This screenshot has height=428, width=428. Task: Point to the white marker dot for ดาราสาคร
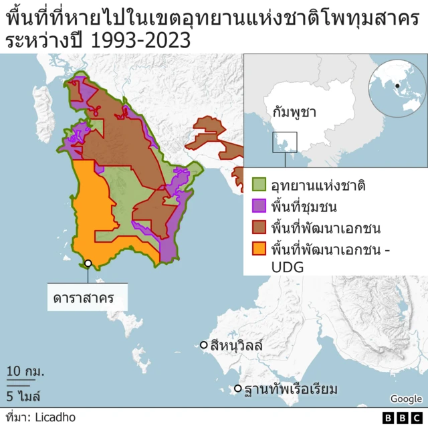point(88,263)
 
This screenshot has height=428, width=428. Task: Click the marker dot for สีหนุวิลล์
point(204,345)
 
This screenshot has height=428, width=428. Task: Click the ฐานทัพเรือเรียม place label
point(291,389)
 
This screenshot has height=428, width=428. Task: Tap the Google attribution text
point(406,399)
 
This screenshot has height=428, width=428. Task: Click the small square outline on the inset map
point(285,141)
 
